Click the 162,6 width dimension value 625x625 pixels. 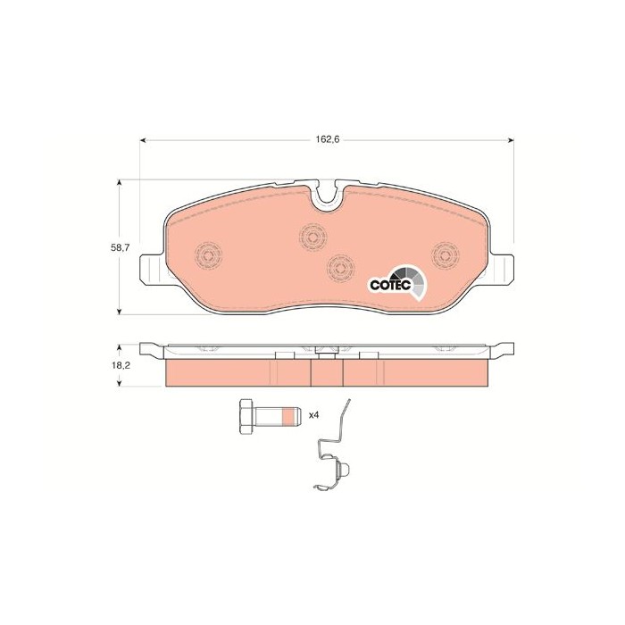point(327,139)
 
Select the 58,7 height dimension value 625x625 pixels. point(121,247)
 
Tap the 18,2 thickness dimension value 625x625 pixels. point(121,364)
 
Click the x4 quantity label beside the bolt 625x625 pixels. point(314,415)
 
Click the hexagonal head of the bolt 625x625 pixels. point(247,417)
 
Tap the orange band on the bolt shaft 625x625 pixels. point(287,417)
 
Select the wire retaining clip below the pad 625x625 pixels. point(334,446)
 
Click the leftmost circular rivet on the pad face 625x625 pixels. point(208,254)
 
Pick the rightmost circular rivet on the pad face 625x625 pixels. point(446,254)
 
